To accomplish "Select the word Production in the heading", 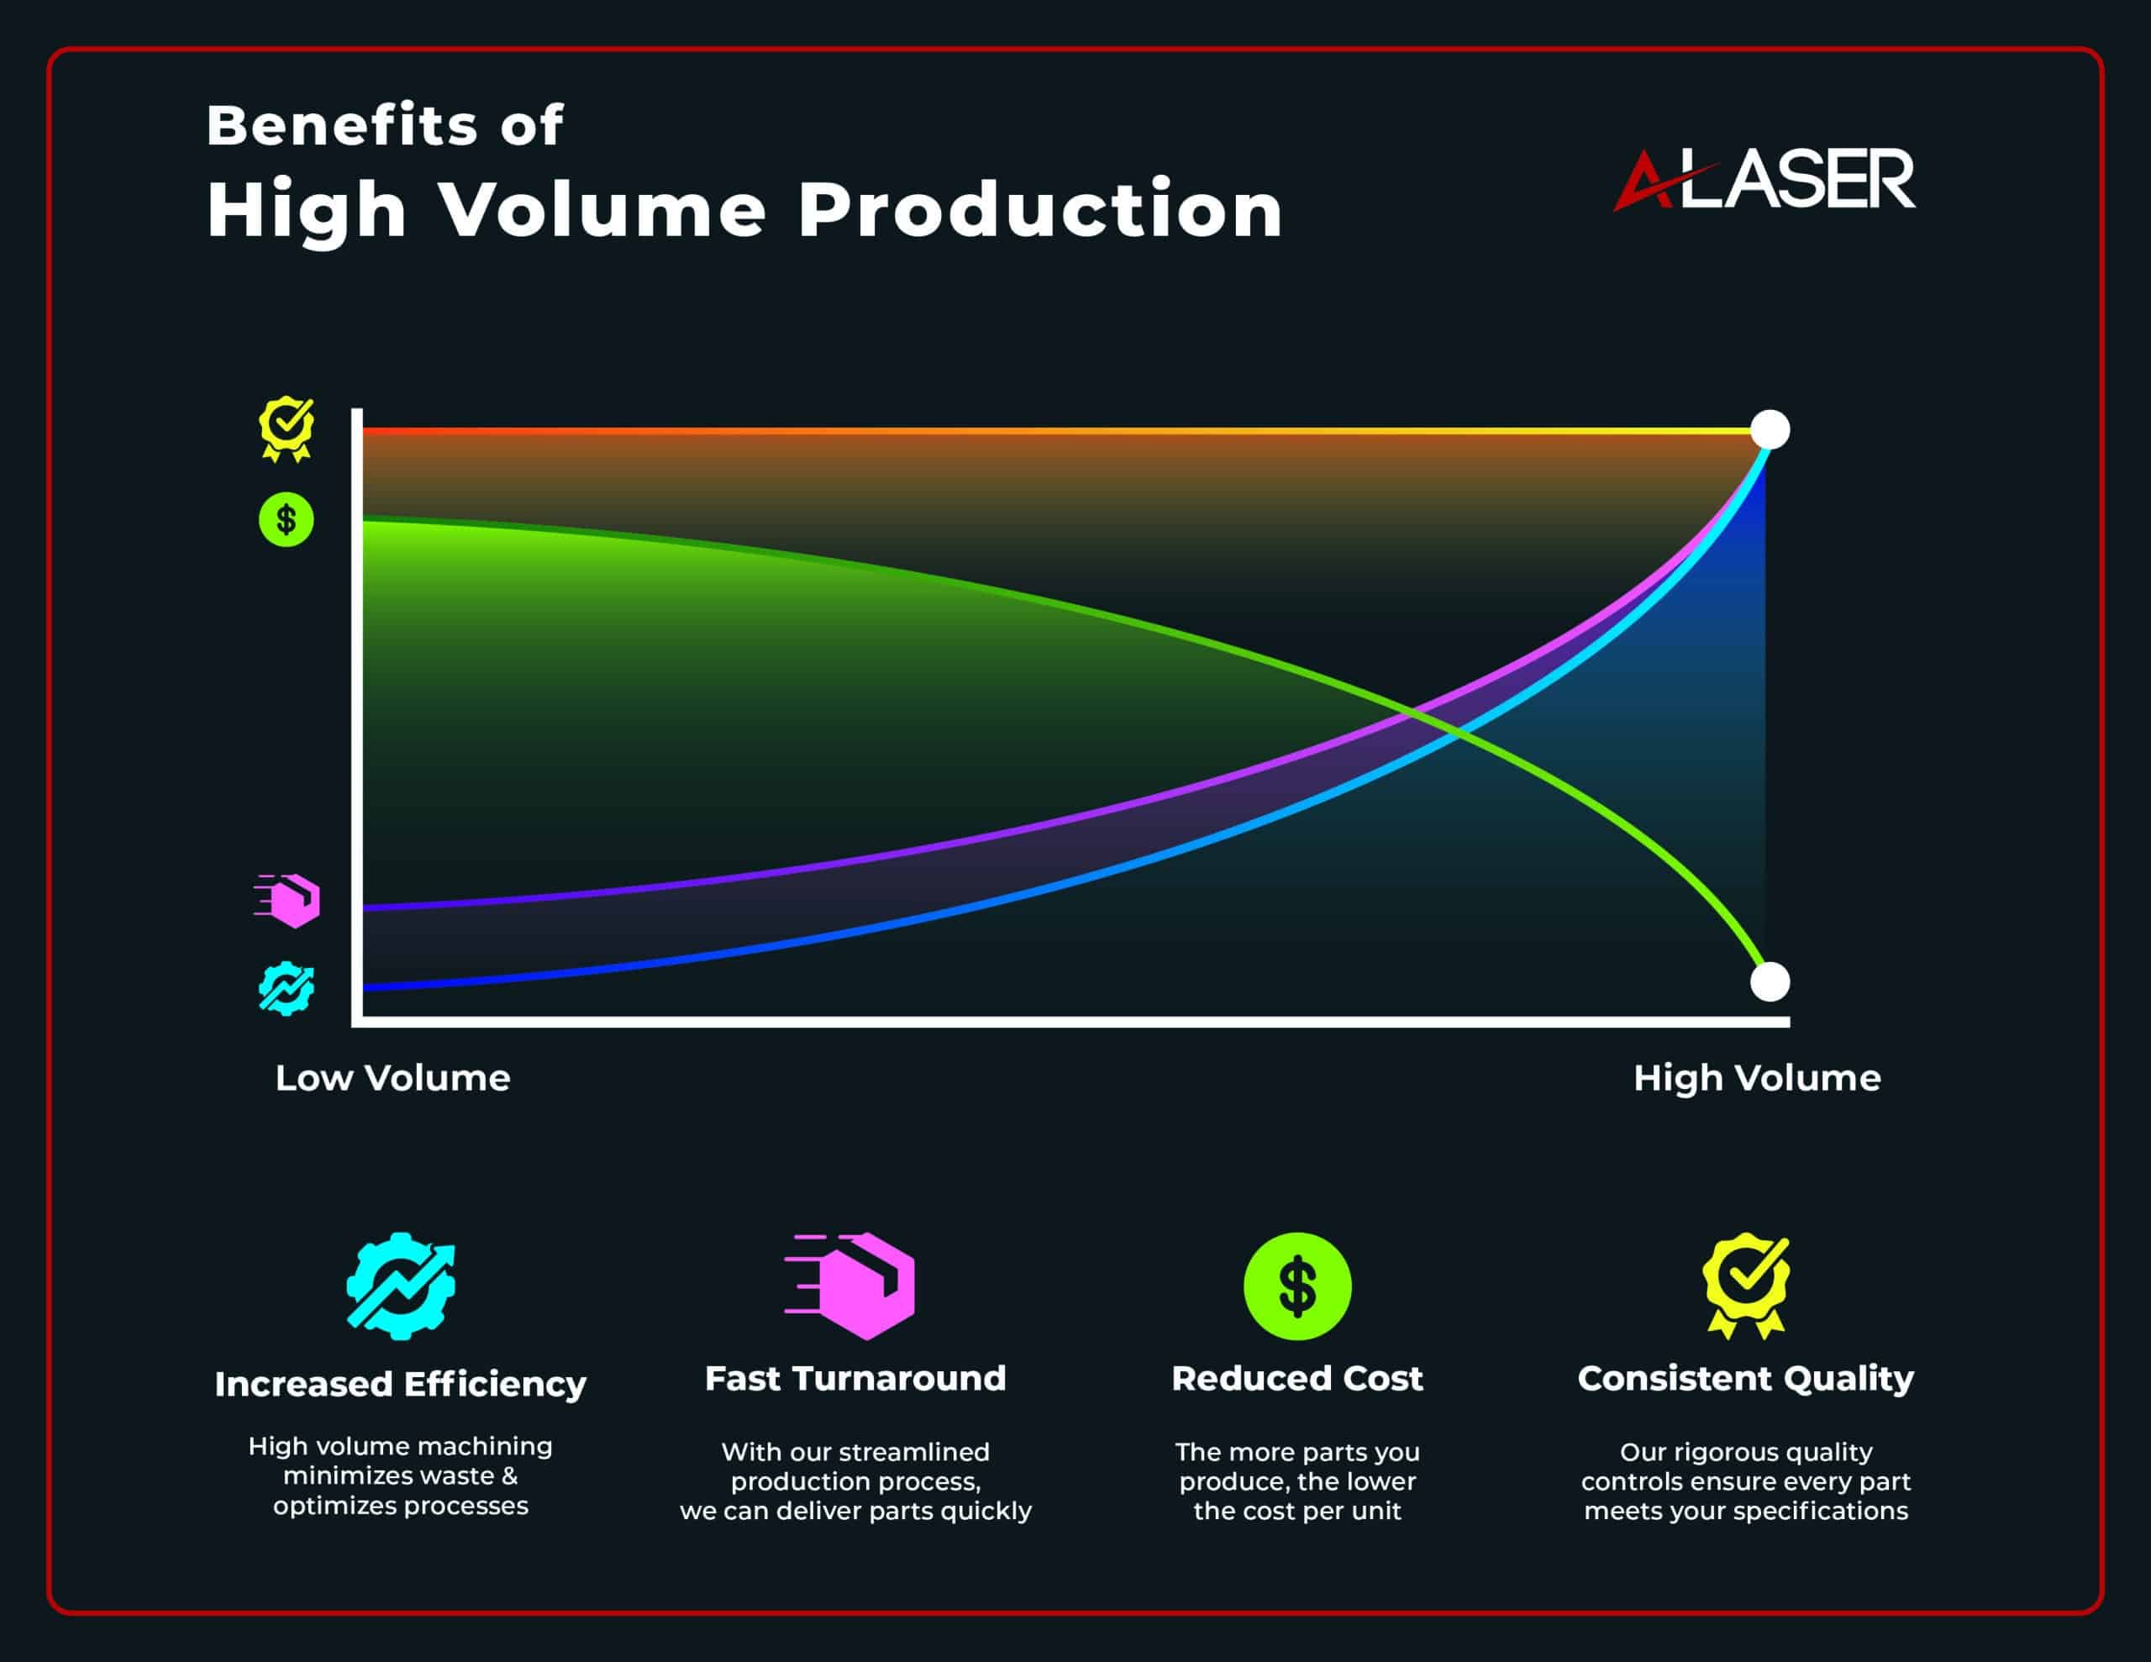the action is [x=1040, y=210].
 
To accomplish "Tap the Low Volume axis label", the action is [x=393, y=1078].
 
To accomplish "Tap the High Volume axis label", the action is [x=1757, y=1079].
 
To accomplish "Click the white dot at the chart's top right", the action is [x=1770, y=430].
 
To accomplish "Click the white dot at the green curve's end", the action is [x=1770, y=981].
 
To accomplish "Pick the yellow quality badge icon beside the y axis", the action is [x=287, y=429].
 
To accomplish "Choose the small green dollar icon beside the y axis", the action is [x=287, y=519].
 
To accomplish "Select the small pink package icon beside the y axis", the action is [x=287, y=901].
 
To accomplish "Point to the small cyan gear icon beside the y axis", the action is [x=287, y=988].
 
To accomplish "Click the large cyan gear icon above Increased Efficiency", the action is [x=401, y=1286].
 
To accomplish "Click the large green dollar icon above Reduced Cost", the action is [x=1297, y=1286].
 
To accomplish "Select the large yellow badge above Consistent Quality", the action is [x=1746, y=1286].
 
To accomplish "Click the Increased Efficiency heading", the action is [x=401, y=1384].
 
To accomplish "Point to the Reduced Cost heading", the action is [x=1297, y=1378].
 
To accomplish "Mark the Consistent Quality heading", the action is [x=1746, y=1379].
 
